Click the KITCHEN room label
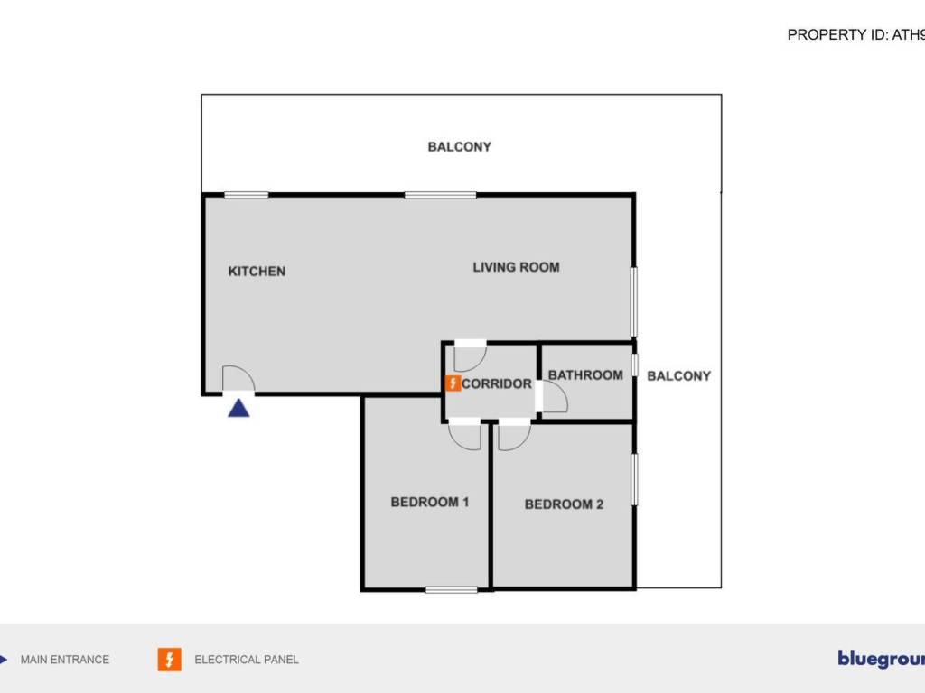[x=257, y=271]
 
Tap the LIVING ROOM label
[x=516, y=267]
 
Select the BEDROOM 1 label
[x=429, y=502]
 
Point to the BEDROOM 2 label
[x=564, y=504]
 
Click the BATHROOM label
[x=585, y=375]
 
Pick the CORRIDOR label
[x=497, y=383]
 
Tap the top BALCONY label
[x=459, y=146]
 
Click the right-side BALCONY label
[x=679, y=376]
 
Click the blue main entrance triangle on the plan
[x=238, y=408]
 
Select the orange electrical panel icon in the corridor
[x=453, y=383]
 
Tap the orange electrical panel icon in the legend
[x=169, y=660]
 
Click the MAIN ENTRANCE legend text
[x=65, y=660]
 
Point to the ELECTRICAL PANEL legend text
[x=247, y=660]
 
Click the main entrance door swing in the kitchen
[x=238, y=379]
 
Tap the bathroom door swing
[x=553, y=396]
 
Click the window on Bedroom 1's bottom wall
[x=452, y=590]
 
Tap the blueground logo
[x=881, y=659]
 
